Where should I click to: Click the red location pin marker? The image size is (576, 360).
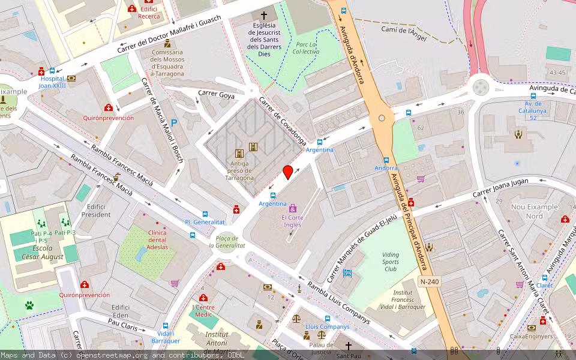(x=288, y=172)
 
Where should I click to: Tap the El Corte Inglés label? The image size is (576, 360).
(x=292, y=221)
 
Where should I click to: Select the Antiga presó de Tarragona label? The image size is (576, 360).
(x=239, y=170)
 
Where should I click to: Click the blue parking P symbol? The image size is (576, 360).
(x=174, y=122)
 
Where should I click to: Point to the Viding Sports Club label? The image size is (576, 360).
(x=390, y=262)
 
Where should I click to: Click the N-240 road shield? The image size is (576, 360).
(x=429, y=281)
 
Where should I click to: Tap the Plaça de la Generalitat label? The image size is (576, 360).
(x=227, y=242)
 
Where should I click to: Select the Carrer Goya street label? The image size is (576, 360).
(x=217, y=94)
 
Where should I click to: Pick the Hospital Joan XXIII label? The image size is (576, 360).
(x=52, y=82)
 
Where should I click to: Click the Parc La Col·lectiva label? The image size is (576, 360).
(x=306, y=48)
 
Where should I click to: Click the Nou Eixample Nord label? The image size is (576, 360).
(x=534, y=211)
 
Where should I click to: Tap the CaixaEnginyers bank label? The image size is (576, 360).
(x=531, y=336)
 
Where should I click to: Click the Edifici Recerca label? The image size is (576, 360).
(x=149, y=13)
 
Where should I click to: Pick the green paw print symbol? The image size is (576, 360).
(x=29, y=305)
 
